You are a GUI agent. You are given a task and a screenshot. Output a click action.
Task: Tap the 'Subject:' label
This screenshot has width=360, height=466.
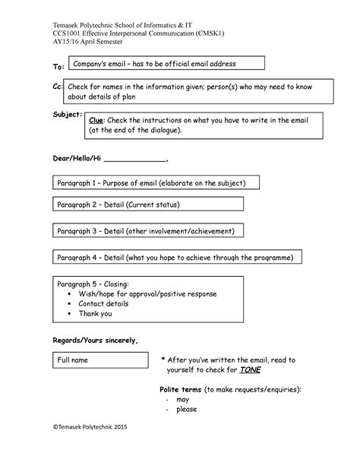[67, 113]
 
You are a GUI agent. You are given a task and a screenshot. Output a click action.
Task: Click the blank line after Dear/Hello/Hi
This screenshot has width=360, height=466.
[134, 160]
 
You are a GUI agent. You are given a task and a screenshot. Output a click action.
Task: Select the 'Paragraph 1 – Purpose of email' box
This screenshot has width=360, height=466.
[157, 182]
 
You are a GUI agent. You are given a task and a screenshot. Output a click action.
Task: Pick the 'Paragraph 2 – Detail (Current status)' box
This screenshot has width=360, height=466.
[147, 204]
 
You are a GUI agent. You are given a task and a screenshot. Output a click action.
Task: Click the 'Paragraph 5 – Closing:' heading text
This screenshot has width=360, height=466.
[93, 284]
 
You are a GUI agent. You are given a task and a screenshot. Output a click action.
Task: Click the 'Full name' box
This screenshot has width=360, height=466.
[99, 360]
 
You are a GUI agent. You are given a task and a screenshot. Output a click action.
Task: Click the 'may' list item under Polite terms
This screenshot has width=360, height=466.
[182, 398]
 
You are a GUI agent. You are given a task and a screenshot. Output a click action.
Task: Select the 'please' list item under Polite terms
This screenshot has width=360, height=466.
[186, 409]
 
